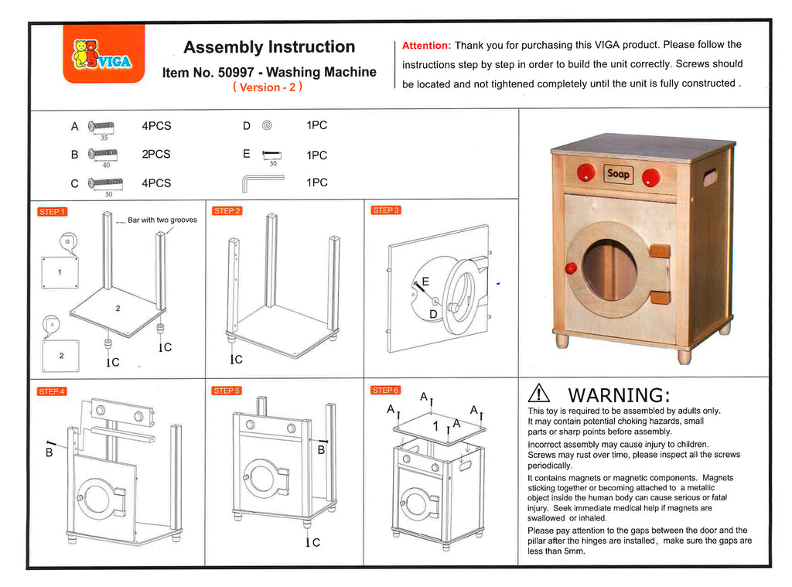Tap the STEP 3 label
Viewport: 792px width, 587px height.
(x=385, y=210)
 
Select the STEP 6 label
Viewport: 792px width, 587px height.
(x=385, y=390)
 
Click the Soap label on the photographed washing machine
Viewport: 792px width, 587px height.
(x=618, y=174)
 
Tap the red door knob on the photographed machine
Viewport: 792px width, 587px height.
(x=572, y=268)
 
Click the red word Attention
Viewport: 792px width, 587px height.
(x=426, y=46)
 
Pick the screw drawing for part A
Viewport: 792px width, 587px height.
(x=101, y=125)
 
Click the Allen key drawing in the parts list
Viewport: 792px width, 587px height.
(x=263, y=183)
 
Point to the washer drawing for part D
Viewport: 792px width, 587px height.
(x=268, y=125)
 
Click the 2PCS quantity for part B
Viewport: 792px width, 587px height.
(x=156, y=154)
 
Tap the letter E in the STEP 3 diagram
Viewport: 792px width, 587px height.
(x=425, y=282)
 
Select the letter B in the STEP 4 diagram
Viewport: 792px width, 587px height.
(x=49, y=452)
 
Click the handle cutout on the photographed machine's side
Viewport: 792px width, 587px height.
(x=709, y=179)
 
